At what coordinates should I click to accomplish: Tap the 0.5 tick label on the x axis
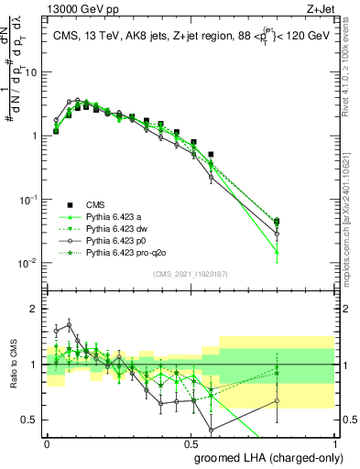[191, 441]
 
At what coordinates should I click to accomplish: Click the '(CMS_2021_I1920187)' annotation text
[191, 275]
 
